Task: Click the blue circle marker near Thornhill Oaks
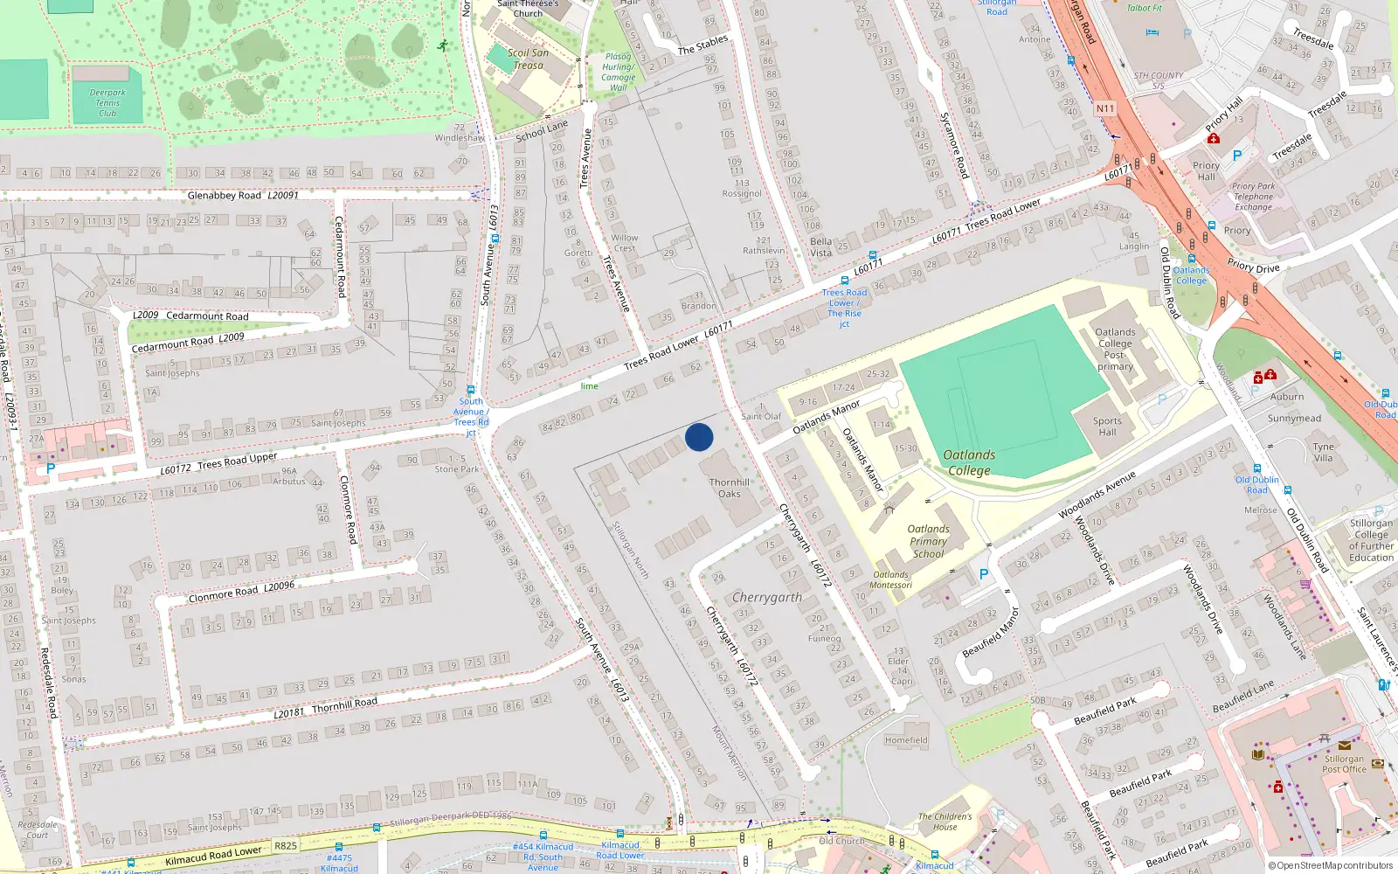coord(699,437)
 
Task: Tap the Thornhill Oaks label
coord(730,488)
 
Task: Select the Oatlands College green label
coord(969,462)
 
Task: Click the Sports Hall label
coord(1107,426)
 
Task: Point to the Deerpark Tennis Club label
coord(107,102)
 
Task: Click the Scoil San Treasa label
coord(529,59)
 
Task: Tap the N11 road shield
coord(1105,109)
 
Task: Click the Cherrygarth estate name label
coord(766,597)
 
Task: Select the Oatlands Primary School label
coord(928,541)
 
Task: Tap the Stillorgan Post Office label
coord(1344,764)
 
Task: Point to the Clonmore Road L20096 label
coord(242,592)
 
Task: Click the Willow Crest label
coord(625,243)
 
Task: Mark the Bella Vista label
coord(821,246)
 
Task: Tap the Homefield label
coord(906,740)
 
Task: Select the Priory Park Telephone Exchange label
coord(1254,197)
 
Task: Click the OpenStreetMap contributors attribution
coord(1331,866)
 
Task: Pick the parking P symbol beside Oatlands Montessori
coord(984,574)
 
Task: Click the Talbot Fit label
coord(1145,8)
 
